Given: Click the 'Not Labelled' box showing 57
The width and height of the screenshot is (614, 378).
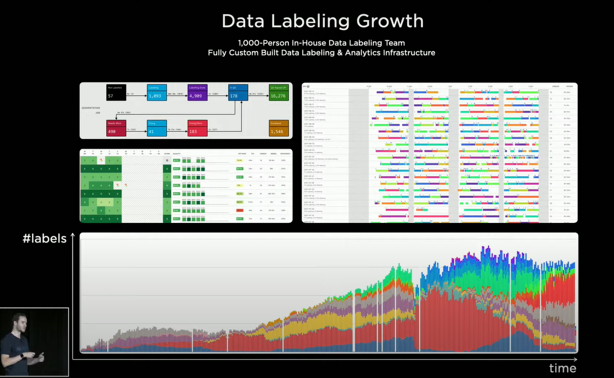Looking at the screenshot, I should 116,92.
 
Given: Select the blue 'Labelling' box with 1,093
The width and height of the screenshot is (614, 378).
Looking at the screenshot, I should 156,92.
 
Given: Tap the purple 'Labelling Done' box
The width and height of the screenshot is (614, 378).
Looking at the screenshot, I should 198,92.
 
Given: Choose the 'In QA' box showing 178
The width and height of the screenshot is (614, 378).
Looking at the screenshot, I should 238,92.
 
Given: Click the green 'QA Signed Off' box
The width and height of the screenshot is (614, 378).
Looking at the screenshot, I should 279,92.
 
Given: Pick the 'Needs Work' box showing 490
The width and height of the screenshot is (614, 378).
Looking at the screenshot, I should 116,128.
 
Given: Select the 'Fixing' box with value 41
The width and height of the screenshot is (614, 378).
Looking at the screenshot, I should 156,128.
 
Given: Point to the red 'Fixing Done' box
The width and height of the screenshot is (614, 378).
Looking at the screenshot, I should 198,128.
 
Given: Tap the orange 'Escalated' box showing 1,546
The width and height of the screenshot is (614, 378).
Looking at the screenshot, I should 279,128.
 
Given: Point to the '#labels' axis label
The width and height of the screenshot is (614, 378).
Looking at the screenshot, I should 45,239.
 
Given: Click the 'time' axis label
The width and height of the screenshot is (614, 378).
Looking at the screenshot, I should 563,368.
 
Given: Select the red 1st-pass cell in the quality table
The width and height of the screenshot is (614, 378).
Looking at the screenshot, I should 239,210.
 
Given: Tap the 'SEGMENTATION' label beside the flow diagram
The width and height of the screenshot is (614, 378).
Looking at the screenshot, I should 90,108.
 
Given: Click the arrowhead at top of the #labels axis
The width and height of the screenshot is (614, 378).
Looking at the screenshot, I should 73,235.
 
